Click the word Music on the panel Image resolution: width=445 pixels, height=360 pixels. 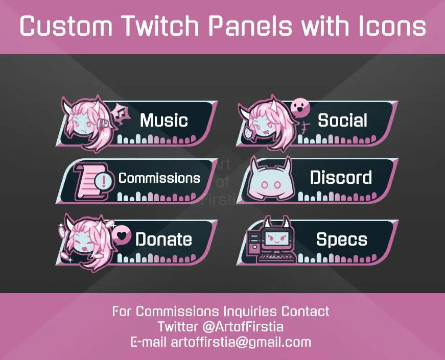(x=164, y=120)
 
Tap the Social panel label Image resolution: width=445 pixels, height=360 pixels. (x=342, y=120)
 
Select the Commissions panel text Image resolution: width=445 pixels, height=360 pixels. (x=159, y=178)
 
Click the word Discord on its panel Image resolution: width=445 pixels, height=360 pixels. (x=341, y=178)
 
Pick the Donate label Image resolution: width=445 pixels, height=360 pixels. (x=164, y=239)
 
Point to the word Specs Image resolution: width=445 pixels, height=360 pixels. (x=342, y=239)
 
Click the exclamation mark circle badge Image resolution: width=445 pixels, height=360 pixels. (x=104, y=181)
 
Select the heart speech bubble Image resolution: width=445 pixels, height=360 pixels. (x=122, y=235)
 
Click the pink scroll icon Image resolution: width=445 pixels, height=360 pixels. (x=88, y=181)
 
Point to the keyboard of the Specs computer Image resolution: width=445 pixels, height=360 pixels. (x=276, y=258)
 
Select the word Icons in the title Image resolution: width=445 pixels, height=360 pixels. (x=392, y=26)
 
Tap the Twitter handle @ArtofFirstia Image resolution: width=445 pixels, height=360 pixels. (x=243, y=327)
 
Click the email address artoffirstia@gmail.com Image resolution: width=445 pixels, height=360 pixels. (x=241, y=342)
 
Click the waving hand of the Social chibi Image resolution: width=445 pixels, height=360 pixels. (x=247, y=132)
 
